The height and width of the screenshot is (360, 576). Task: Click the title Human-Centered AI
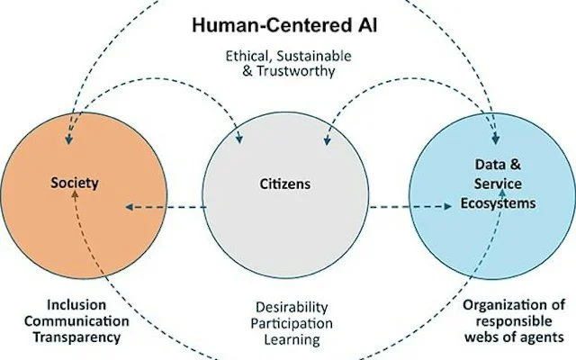pos(287,22)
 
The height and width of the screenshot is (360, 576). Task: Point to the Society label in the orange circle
pos(74,184)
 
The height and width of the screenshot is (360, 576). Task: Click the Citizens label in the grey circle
pos(287,184)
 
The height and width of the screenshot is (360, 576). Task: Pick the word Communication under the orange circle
pos(71,321)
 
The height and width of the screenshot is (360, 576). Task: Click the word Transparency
pos(71,337)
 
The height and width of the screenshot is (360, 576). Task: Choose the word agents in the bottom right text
pos(543,337)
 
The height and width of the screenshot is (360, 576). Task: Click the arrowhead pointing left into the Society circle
pos(130,207)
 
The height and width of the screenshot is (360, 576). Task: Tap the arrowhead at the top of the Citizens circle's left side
pos(238,139)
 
